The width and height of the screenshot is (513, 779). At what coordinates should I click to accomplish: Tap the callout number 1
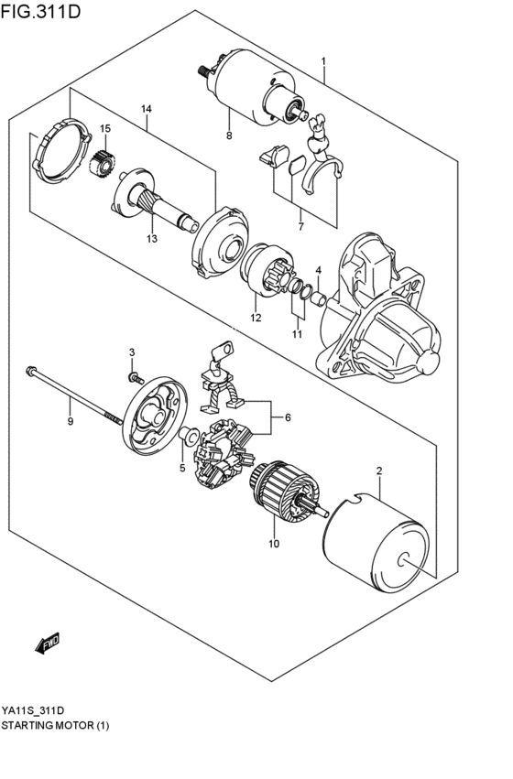[x=323, y=61]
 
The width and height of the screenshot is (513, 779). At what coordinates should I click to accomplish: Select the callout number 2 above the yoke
[x=378, y=471]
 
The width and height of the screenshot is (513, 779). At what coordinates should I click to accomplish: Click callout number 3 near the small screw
[x=131, y=352]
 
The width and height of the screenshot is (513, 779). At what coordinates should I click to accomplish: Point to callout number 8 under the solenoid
[x=229, y=135]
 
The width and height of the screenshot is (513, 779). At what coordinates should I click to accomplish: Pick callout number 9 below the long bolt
[x=70, y=421]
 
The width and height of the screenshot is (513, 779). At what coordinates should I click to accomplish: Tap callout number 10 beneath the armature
[x=272, y=545]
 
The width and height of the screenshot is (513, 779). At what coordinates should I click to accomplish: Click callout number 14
[x=145, y=110]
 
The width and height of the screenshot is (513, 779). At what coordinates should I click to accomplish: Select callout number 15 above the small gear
[x=105, y=128]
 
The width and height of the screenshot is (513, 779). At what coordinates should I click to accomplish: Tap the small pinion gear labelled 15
[x=104, y=164]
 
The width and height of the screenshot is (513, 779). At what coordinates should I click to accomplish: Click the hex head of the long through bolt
[x=30, y=372]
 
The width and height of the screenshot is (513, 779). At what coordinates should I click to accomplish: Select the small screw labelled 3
[x=135, y=376]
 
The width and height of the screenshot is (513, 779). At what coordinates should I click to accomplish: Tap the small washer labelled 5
[x=188, y=434]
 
